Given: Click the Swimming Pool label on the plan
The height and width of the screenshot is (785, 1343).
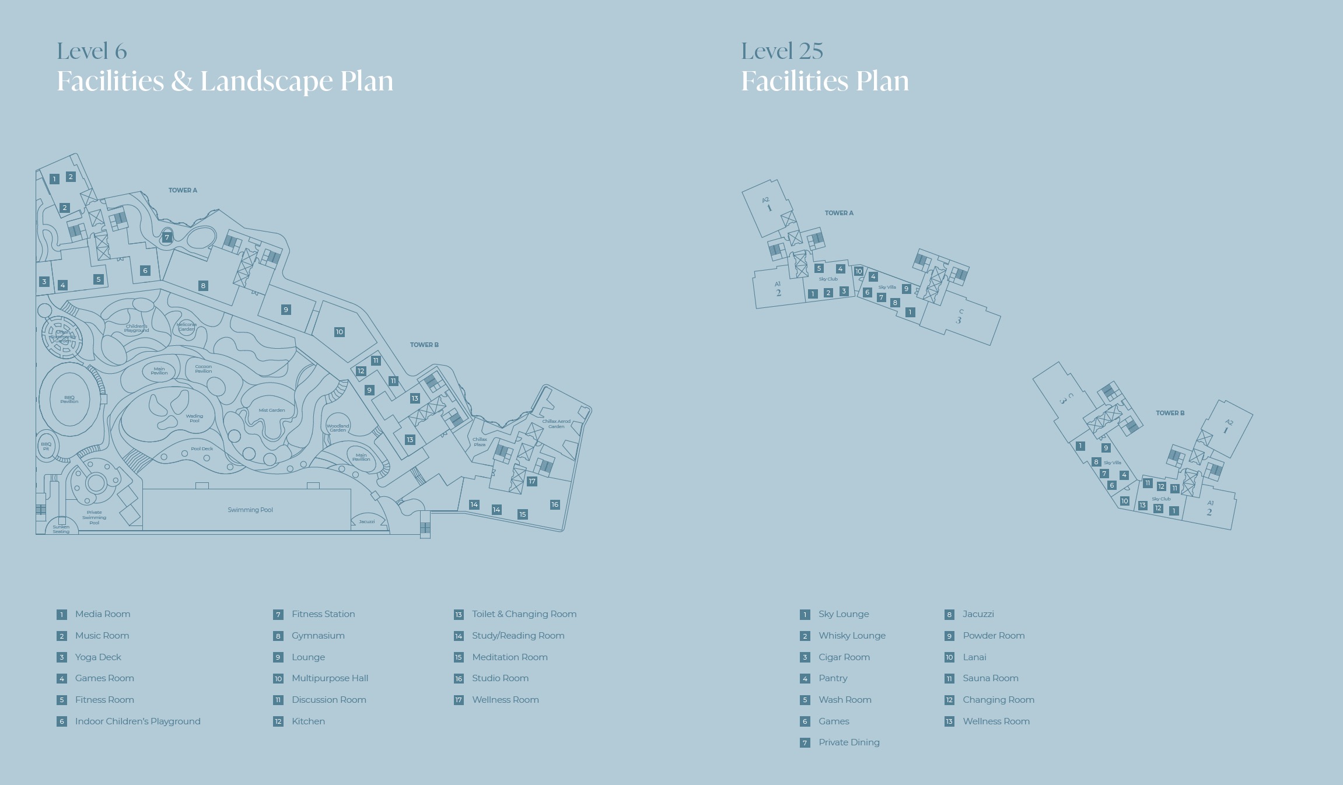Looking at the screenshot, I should (x=250, y=510).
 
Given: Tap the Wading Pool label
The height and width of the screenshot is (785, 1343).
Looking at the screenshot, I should (x=194, y=418).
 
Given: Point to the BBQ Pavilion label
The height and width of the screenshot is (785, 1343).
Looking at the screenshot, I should (x=69, y=399).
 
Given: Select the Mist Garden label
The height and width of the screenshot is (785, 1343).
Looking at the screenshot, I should (x=272, y=410).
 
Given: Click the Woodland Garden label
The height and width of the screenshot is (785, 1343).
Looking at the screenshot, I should (x=338, y=427).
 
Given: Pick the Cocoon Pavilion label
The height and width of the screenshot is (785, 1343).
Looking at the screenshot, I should (x=204, y=369).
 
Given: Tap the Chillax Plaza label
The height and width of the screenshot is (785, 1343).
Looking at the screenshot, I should (x=480, y=441).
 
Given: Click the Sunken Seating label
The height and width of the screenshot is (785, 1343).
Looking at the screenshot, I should (x=61, y=529).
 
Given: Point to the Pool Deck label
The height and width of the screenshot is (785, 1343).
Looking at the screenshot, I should (x=202, y=448).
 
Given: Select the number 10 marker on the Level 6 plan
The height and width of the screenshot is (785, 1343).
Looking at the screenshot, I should (x=339, y=332).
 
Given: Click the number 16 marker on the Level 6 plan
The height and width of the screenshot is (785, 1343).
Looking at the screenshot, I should (x=555, y=504).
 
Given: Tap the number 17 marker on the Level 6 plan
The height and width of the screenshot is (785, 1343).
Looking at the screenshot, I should (x=532, y=481).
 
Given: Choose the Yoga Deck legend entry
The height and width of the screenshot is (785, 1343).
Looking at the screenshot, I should (x=98, y=657).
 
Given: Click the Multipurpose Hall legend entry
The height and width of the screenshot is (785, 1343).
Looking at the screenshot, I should (x=330, y=678).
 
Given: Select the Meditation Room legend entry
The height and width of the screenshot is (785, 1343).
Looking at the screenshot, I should (x=509, y=657).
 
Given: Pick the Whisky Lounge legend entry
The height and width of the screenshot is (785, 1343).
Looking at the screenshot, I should (x=852, y=636).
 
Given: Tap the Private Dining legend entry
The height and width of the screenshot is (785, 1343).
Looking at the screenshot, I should (x=849, y=742).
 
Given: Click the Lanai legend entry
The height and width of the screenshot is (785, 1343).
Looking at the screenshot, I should (x=974, y=657).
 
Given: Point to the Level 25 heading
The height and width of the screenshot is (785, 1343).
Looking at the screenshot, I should (x=782, y=51).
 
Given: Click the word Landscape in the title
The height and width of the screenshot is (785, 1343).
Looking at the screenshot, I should (x=267, y=81).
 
